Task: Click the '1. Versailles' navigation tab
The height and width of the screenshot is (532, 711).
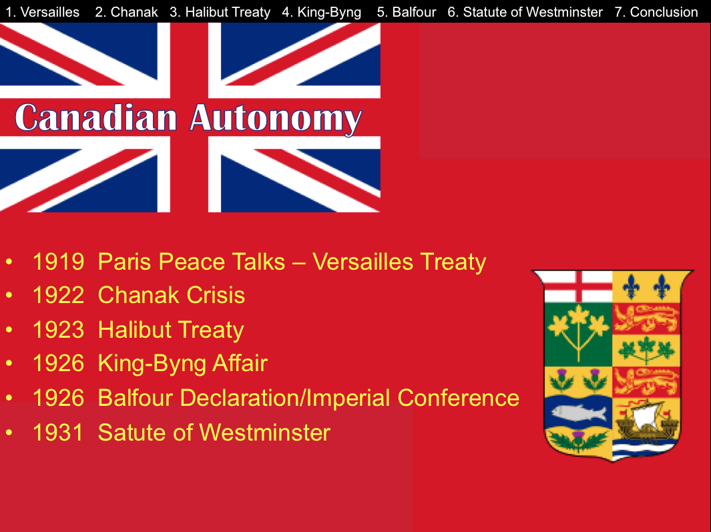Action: click(x=43, y=12)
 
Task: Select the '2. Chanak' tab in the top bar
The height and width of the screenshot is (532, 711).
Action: click(x=126, y=12)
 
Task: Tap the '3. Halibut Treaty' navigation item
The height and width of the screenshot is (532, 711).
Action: click(x=220, y=12)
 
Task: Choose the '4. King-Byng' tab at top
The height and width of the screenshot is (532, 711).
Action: click(x=322, y=12)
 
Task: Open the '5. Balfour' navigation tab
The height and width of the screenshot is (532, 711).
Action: click(x=407, y=12)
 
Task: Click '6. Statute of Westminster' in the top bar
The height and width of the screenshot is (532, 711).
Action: click(x=525, y=12)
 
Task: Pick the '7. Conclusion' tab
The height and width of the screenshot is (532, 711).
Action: click(x=656, y=12)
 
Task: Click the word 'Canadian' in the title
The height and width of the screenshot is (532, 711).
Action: click(x=95, y=117)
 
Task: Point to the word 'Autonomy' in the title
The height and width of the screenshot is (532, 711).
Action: click(x=276, y=119)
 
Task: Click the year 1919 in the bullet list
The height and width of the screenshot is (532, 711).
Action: click(x=59, y=262)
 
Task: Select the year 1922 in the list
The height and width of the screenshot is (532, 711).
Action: click(x=59, y=295)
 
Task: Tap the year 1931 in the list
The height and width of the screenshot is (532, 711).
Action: click(x=59, y=433)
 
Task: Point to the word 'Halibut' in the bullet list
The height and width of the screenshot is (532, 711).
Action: click(x=134, y=330)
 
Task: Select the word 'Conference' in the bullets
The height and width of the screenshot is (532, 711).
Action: click(x=458, y=398)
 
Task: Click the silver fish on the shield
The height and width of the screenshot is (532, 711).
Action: click(x=579, y=413)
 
